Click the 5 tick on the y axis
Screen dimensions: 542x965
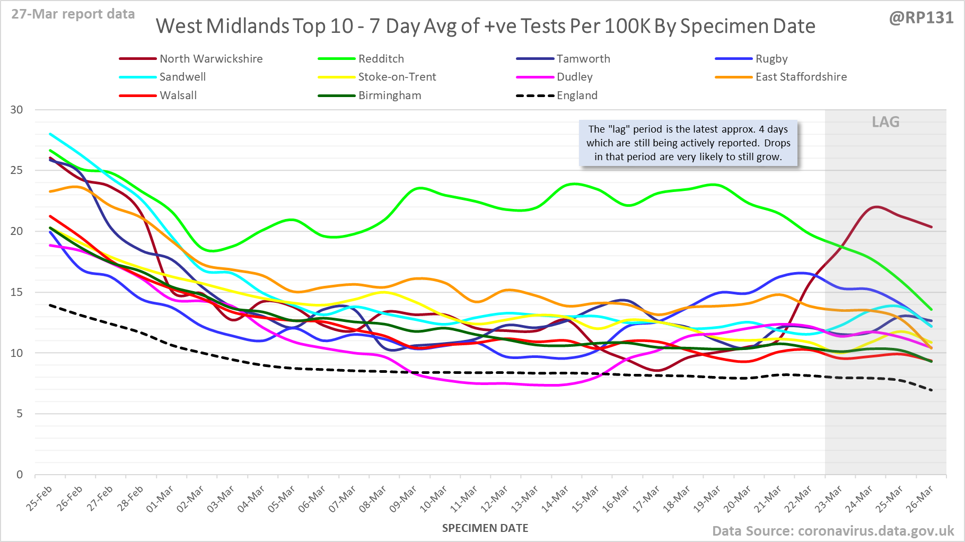(20, 414)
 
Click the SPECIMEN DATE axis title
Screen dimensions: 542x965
(485, 528)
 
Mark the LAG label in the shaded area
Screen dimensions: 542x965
(885, 122)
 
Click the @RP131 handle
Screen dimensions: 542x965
(921, 18)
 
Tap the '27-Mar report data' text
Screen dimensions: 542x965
(73, 14)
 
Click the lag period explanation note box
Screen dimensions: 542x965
(688, 143)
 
